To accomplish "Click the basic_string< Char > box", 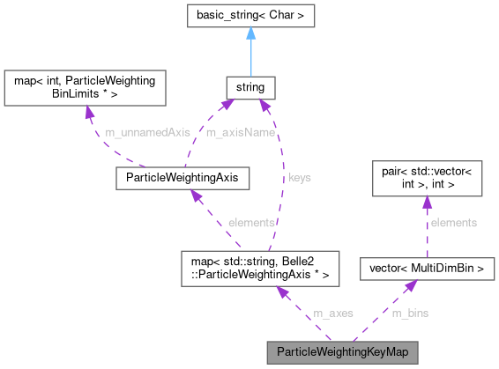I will [251, 17].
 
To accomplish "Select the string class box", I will [251, 87].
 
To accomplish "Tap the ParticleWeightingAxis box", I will [182, 179].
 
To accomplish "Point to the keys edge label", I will [300, 177].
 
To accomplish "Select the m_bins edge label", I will [410, 313].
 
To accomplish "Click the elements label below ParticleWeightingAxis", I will [252, 222].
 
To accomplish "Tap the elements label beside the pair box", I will [453, 223].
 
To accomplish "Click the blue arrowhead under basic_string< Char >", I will [251, 34].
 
